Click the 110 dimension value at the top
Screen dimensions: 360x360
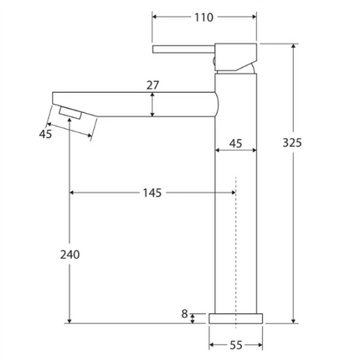203,17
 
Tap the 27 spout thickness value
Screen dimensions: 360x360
152,85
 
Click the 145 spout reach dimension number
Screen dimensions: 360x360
152,193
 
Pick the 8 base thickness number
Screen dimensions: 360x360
184,314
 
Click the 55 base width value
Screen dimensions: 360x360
235,345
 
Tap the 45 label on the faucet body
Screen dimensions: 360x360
235,144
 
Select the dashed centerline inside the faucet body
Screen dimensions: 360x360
236,251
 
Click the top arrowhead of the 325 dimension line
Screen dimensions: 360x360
293,47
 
